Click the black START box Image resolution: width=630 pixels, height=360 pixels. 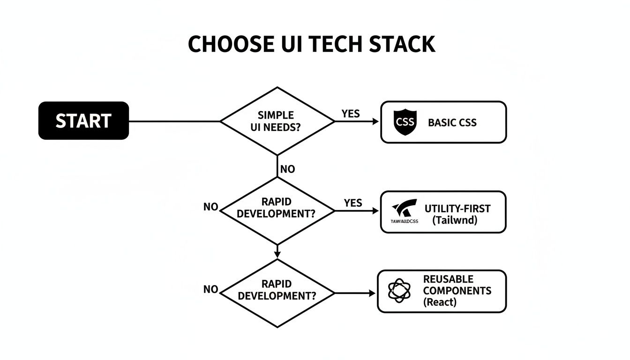83,120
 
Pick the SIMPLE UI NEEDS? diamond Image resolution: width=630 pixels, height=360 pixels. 277,121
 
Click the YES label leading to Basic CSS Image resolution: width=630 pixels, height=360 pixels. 351,113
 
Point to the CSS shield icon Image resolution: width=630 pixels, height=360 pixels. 405,122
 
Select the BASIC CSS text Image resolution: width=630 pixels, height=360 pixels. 452,123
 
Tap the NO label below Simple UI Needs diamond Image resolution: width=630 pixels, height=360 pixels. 287,169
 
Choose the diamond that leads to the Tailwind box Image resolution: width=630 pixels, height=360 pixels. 277,211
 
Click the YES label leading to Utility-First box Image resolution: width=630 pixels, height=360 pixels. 352,202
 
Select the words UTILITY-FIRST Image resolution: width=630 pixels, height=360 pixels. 457,209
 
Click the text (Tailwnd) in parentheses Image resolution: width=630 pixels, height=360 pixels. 455,220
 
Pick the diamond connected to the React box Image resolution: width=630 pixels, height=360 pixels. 277,293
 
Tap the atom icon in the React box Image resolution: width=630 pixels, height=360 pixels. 399,291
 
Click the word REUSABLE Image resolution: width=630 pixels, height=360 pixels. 448,279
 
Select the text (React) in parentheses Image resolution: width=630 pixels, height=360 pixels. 440,302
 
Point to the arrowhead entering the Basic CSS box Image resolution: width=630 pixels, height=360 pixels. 375,121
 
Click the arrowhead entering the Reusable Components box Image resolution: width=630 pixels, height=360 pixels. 373,293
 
